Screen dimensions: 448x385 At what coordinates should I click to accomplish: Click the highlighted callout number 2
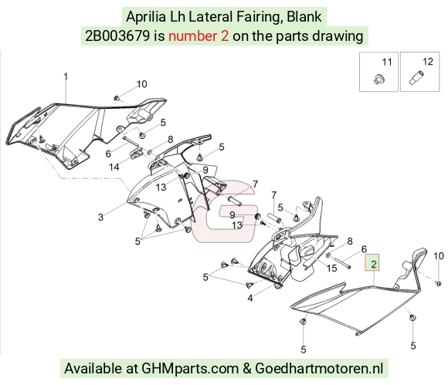tap(374, 265)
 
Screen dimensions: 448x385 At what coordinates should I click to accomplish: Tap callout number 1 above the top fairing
tap(66, 77)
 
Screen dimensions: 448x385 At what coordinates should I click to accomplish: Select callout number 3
tap(100, 217)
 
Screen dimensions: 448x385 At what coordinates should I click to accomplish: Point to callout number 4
tap(250, 299)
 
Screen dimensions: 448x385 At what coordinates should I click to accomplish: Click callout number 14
tap(114, 167)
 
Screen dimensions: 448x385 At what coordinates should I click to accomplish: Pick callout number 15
tap(331, 268)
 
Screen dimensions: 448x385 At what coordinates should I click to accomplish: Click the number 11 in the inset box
tap(387, 62)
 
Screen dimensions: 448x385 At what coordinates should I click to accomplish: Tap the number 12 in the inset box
tap(428, 62)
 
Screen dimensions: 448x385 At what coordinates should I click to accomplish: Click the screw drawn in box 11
tap(379, 79)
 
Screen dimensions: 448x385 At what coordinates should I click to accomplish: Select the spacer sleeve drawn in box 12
tap(417, 77)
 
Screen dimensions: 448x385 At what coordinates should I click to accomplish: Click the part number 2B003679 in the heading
tap(117, 36)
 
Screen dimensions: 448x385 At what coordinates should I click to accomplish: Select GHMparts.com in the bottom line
tap(190, 368)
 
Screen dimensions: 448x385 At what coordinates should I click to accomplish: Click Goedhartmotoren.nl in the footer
tap(319, 368)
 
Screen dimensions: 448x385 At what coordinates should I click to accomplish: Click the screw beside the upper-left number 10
tap(117, 98)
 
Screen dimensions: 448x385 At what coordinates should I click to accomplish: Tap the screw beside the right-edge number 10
tap(438, 283)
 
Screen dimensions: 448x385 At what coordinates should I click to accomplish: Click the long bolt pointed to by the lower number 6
tap(341, 262)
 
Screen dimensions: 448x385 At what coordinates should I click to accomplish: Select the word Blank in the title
tap(304, 17)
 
